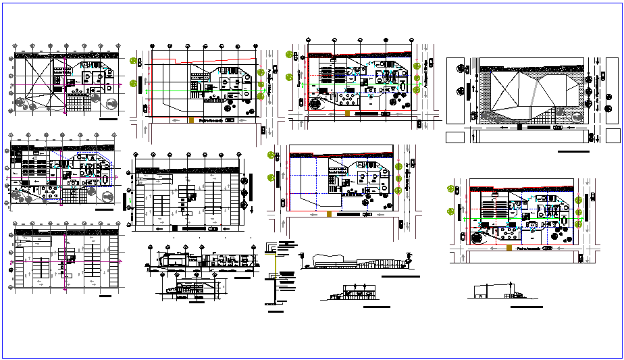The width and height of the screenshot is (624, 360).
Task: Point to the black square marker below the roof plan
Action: (518, 126)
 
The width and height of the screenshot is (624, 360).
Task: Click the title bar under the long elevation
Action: (400, 277)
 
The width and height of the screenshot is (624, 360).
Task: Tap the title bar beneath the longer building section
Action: (240, 278)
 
